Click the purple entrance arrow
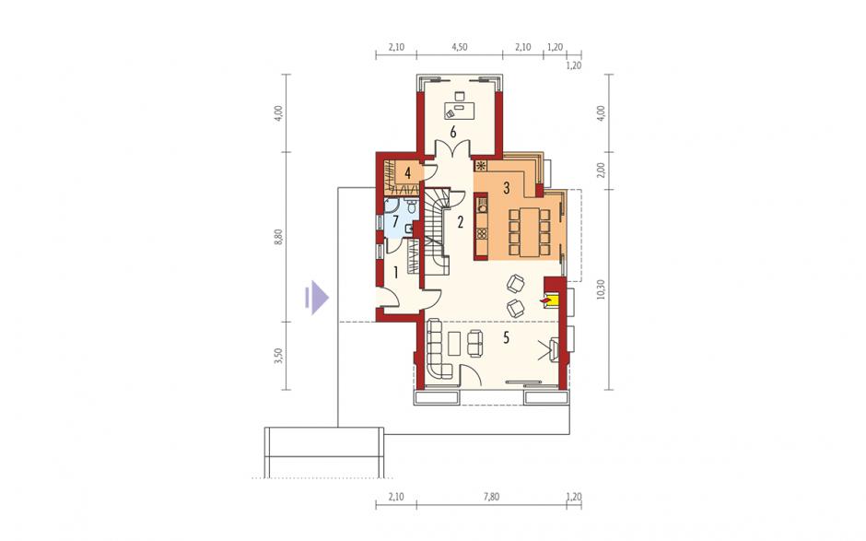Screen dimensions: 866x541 pyautogui.click(x=317, y=298)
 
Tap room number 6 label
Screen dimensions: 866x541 pyautogui.click(x=453, y=132)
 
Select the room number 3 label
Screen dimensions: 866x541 pyautogui.click(x=506, y=188)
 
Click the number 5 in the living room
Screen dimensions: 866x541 pyautogui.click(x=506, y=337)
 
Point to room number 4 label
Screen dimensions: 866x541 pyautogui.click(x=407, y=173)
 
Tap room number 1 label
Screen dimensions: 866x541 pyautogui.click(x=395, y=272)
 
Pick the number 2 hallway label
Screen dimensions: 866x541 pyautogui.click(x=460, y=222)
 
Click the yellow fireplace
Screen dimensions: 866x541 pyautogui.click(x=553, y=300)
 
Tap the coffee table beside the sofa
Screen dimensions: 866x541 pyautogui.click(x=456, y=343)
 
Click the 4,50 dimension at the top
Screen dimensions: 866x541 pyautogui.click(x=460, y=48)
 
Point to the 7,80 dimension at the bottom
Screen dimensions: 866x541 pyautogui.click(x=491, y=497)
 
